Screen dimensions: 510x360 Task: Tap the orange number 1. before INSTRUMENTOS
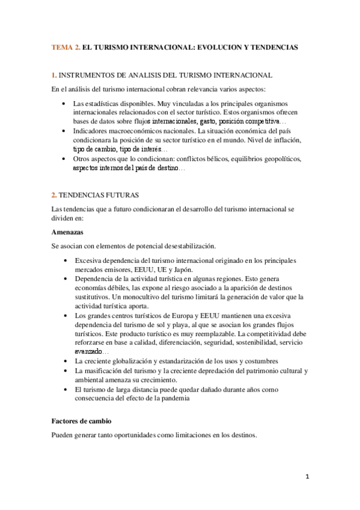coord(54,75)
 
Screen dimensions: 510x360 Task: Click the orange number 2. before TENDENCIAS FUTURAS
coord(54,195)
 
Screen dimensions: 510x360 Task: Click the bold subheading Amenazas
coord(67,232)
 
